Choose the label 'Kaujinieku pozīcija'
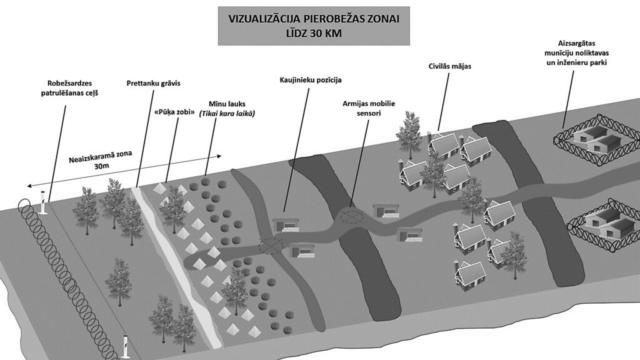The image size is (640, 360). point(311,80)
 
